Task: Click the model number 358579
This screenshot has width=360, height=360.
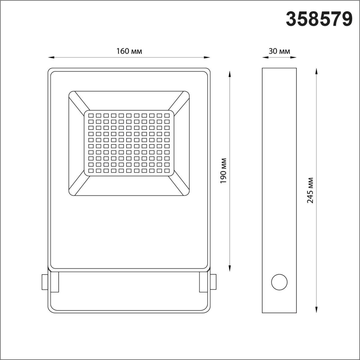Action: [319, 19]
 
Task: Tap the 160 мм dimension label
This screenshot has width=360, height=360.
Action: [129, 51]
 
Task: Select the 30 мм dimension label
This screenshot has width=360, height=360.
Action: [279, 51]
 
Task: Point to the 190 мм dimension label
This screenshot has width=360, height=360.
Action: [223, 171]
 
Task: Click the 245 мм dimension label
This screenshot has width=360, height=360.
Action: [310, 190]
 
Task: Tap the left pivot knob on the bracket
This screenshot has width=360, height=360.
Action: [44, 282]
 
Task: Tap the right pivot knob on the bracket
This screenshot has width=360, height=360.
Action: [213, 282]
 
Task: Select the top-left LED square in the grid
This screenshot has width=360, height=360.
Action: [91, 115]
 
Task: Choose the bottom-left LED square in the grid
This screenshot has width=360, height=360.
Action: [91, 170]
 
